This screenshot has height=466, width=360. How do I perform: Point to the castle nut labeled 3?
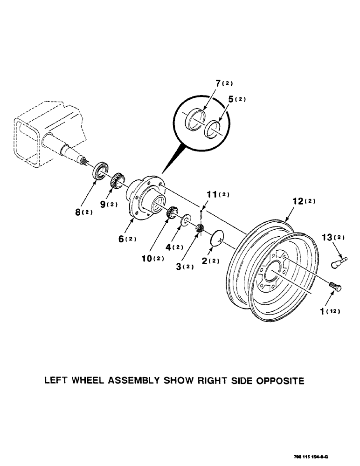coord(201,228)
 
